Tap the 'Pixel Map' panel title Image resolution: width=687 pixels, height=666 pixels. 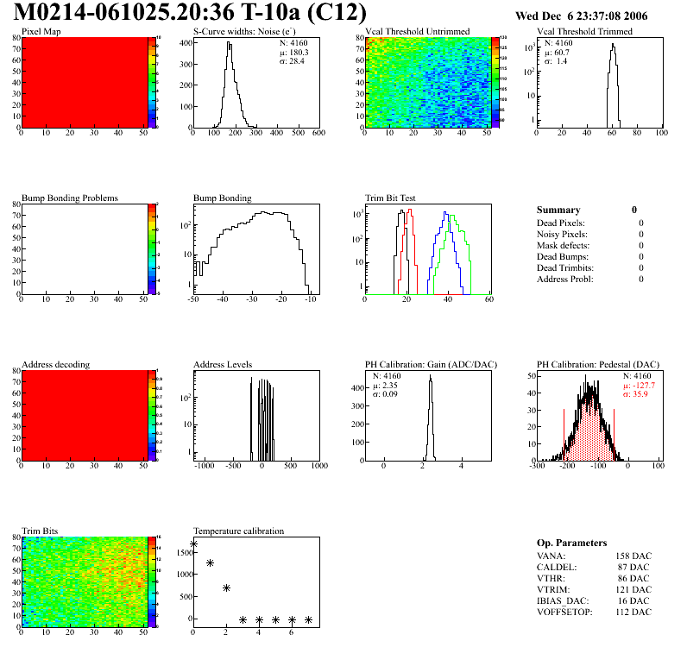41,32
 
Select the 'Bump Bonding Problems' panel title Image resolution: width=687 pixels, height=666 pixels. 70,198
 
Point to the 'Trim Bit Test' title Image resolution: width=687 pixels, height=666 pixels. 391,198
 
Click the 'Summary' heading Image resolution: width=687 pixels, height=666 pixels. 558,210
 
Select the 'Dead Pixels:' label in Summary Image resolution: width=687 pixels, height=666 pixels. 561,223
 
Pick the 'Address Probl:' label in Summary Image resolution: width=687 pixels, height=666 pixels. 565,279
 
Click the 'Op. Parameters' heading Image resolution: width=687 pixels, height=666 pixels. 571,543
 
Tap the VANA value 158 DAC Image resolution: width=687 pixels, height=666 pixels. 633,556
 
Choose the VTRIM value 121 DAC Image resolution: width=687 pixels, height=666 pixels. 633,589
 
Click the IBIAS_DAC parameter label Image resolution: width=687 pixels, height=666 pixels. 564,600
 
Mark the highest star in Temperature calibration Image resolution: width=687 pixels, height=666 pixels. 193,544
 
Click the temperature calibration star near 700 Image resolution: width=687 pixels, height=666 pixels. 226,587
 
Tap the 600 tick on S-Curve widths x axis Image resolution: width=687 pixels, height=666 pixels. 318,133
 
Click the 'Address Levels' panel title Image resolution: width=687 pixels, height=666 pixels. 223,364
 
